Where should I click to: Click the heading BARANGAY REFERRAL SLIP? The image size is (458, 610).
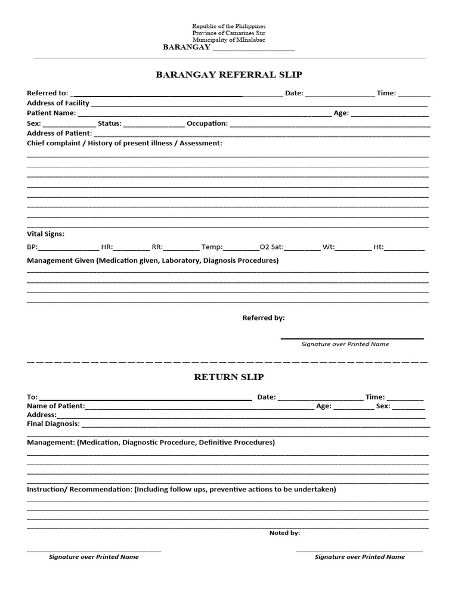click(x=229, y=75)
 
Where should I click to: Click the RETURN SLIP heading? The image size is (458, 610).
click(x=228, y=377)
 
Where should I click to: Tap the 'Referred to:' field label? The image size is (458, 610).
click(x=48, y=93)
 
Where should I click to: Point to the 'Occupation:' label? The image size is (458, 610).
click(x=207, y=123)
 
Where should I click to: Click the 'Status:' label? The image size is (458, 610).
click(x=110, y=123)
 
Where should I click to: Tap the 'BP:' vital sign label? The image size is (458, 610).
click(x=32, y=247)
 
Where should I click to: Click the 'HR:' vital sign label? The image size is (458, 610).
click(x=107, y=247)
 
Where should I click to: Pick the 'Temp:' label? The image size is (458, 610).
click(x=212, y=247)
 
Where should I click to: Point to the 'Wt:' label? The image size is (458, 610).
click(x=329, y=247)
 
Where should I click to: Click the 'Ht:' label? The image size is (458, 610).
click(x=378, y=247)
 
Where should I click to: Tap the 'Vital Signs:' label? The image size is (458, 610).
click(x=46, y=234)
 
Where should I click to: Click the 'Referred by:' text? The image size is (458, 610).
click(x=263, y=318)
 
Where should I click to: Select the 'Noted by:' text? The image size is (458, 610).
click(x=284, y=533)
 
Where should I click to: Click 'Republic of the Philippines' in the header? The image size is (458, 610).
click(x=228, y=27)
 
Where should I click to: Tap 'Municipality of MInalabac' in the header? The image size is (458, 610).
click(x=228, y=40)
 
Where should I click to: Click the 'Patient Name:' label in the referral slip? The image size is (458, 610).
click(x=51, y=113)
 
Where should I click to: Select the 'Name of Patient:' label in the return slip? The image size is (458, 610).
click(x=56, y=406)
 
